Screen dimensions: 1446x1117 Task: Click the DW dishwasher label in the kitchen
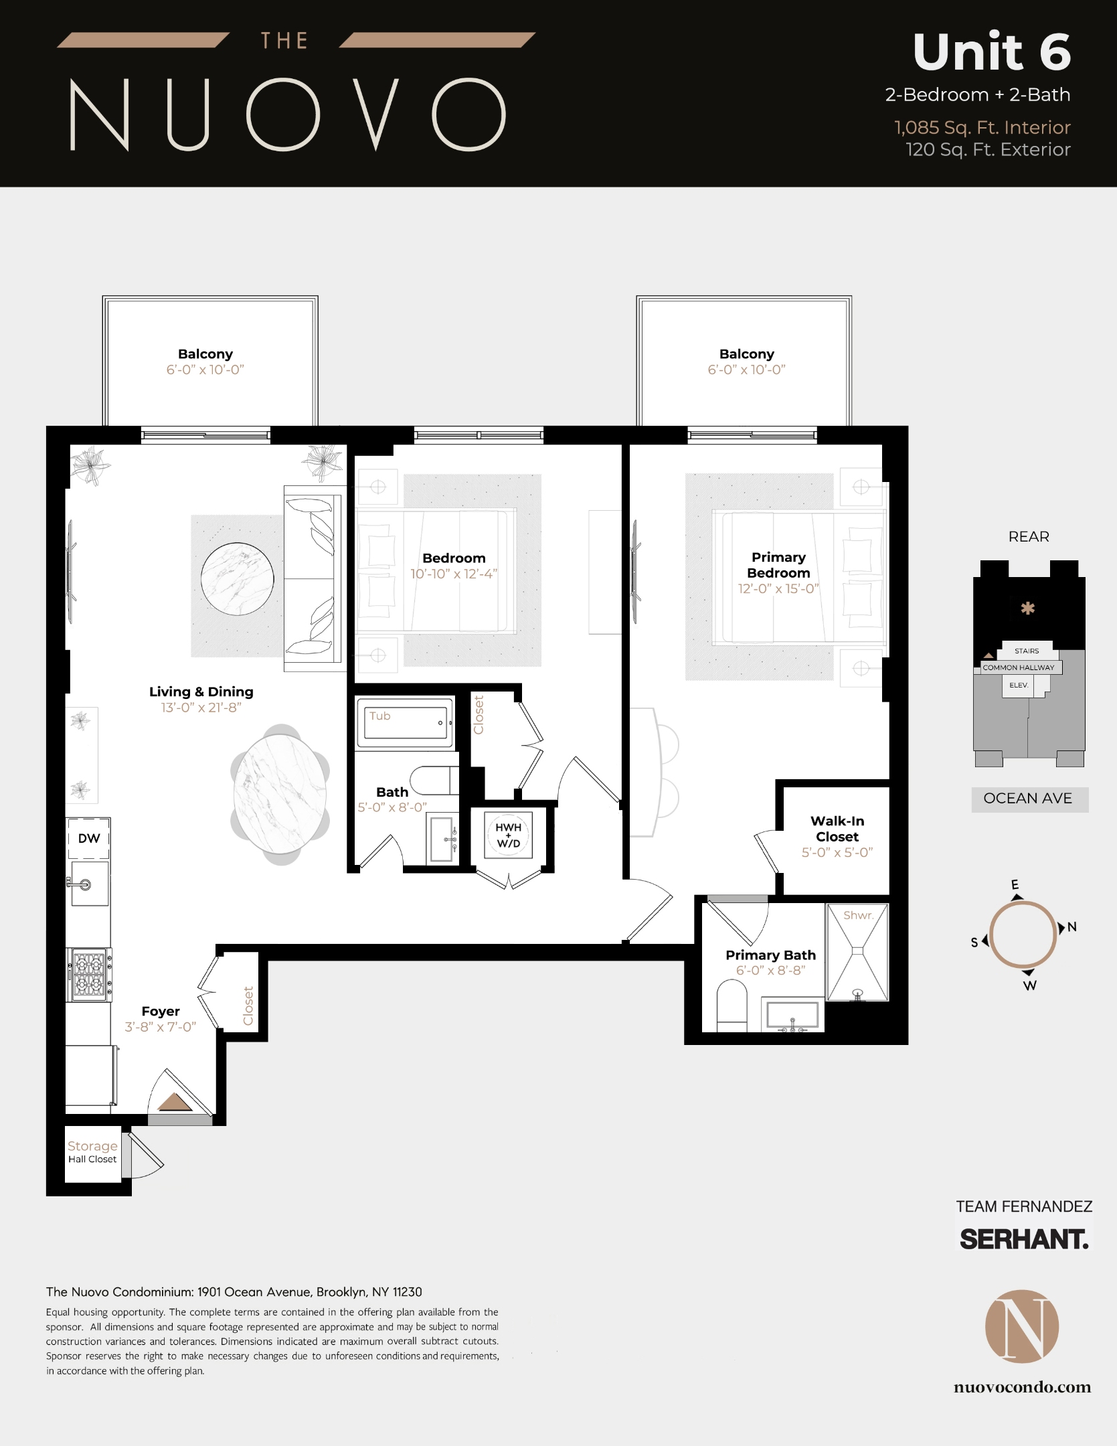[88, 838]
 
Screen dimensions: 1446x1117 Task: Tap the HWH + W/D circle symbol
[508, 835]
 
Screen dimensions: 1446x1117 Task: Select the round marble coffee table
[238, 578]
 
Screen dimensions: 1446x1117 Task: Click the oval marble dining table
[280, 794]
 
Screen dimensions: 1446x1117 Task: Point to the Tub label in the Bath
[379, 716]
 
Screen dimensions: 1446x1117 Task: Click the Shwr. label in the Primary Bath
[858, 915]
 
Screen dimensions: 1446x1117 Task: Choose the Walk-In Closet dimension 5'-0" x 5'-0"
[837, 852]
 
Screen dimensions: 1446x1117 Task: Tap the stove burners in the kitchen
[89, 974]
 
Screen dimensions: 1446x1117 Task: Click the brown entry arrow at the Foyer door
[175, 1102]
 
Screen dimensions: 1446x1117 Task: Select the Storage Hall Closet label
[92, 1152]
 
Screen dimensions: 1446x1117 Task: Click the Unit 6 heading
[991, 52]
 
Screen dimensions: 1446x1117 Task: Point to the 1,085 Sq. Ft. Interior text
[982, 127]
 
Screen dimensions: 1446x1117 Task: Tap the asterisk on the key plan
[1027, 609]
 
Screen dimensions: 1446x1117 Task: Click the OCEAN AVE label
[1027, 798]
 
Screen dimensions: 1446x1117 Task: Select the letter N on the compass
[1071, 927]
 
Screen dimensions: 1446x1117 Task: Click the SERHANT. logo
[1024, 1239]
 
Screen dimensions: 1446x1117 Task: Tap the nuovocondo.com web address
[1022, 1387]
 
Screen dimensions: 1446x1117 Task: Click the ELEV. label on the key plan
[1018, 685]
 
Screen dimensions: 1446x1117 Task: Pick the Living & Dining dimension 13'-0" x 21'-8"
[201, 708]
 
